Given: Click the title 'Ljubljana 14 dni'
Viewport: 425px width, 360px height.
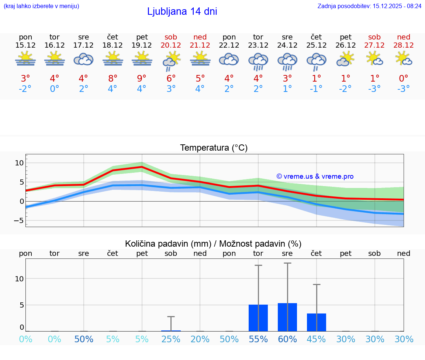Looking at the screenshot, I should point(182,11).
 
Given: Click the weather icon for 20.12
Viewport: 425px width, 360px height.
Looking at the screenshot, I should point(171,61).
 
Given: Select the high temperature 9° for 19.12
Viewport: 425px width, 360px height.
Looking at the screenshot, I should point(142,79).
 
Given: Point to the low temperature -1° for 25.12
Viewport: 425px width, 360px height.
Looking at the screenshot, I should point(316,89).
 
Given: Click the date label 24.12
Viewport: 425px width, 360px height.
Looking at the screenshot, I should point(287,45).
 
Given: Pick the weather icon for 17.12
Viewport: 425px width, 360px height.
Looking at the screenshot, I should point(83,59).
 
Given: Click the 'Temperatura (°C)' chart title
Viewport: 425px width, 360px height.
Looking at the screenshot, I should point(214,148).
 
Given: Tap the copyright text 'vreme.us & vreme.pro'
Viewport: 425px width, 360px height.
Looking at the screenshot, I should point(315,176).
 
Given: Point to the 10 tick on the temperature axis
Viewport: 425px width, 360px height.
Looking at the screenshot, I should point(19,163).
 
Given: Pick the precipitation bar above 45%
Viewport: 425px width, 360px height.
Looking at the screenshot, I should point(317,322).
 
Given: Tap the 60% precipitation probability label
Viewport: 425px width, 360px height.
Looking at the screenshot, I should point(287,339).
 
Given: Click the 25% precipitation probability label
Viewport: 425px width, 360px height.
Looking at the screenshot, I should point(171,339).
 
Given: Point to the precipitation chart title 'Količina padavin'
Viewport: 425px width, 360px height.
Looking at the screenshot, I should point(213,244).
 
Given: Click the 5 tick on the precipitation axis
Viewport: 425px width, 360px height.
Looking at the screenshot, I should point(21,305).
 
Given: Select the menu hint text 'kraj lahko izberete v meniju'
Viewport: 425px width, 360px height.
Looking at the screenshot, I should point(41,6).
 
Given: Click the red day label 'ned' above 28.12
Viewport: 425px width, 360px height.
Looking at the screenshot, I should point(404,37).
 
